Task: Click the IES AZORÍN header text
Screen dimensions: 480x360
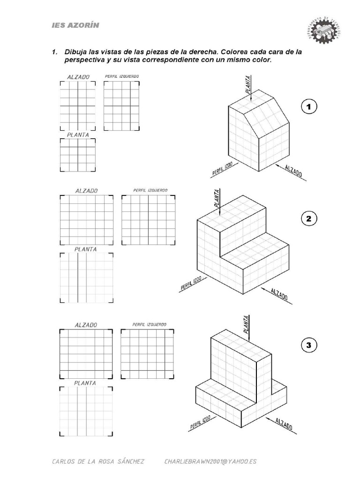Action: [x=75, y=25]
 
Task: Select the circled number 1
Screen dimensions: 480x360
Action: [x=309, y=107]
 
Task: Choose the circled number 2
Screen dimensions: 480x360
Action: [x=309, y=219]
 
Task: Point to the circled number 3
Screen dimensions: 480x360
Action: [x=308, y=346]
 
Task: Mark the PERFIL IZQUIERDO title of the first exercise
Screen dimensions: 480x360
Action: [x=121, y=76]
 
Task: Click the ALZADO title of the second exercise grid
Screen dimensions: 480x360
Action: [x=86, y=191]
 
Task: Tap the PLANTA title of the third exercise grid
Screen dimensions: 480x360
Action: [x=85, y=383]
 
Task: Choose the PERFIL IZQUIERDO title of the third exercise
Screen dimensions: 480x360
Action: [x=149, y=324]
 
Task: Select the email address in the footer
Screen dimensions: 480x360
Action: [x=210, y=461]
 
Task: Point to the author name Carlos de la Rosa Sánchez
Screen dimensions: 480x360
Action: [x=98, y=461]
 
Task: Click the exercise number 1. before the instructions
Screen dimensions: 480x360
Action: [x=55, y=52]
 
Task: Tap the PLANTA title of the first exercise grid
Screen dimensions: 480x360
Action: [x=78, y=135]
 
